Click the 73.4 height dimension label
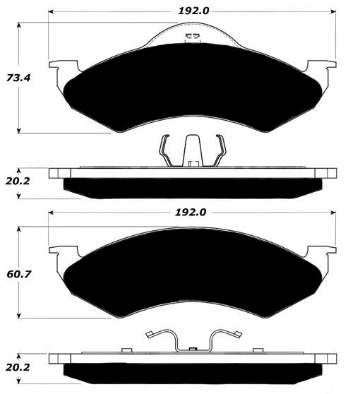(18, 78)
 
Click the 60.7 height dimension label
(19, 274)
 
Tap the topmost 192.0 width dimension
(193, 11)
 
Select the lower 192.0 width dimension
(191, 213)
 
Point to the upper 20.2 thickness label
(18, 181)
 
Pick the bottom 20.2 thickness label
(18, 368)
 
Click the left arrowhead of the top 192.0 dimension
(51, 11)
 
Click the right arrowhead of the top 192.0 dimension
(333, 11)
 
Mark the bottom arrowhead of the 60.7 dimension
(18, 316)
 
